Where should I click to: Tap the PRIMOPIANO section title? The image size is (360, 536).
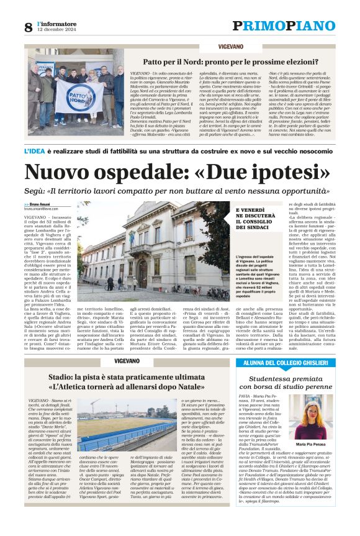(x=283, y=25)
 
